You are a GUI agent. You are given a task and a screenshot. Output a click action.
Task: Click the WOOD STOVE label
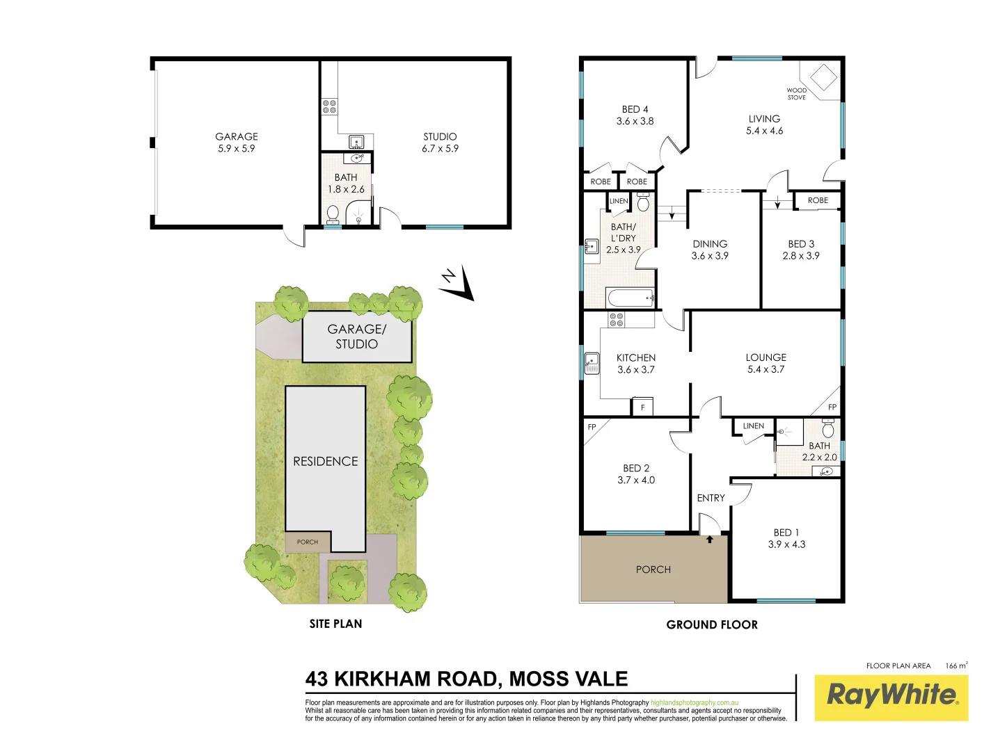[797, 94]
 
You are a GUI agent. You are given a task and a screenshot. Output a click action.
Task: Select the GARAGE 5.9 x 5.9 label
[237, 143]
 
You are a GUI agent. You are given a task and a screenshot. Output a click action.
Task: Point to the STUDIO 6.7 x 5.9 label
[440, 143]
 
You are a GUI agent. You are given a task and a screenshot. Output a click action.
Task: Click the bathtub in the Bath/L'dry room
[631, 298]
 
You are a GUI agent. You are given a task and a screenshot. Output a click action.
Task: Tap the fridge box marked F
[642, 407]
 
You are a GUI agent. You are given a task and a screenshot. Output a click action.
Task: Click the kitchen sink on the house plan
[592, 363]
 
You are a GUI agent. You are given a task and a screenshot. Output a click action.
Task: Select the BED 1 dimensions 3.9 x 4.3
[786, 544]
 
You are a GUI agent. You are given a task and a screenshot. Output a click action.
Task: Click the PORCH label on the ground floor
[653, 570]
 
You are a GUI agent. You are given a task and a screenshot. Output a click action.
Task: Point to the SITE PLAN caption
[335, 624]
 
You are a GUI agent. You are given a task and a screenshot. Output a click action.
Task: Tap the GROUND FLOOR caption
[712, 624]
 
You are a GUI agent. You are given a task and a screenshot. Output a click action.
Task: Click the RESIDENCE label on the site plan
[326, 461]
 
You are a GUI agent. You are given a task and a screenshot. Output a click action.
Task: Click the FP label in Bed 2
[592, 427]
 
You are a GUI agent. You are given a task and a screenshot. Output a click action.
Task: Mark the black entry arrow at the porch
[709, 539]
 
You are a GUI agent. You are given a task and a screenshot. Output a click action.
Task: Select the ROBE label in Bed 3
[818, 200]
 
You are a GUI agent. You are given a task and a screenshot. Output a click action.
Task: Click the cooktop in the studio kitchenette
[329, 106]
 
